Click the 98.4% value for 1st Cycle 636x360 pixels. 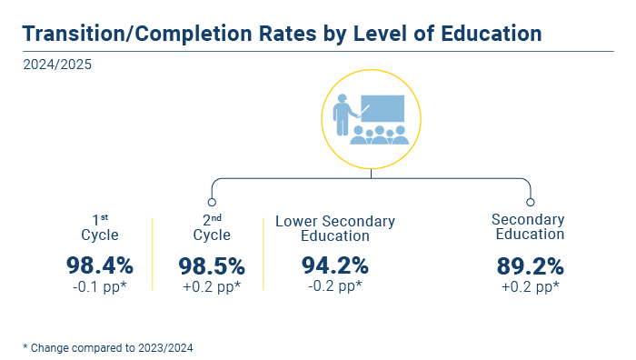point(100,265)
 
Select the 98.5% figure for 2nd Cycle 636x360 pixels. point(212,266)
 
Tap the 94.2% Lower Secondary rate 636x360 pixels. point(335,265)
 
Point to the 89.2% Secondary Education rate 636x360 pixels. point(530,266)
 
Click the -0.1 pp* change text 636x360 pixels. point(100,287)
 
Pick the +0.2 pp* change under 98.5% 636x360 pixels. point(212,287)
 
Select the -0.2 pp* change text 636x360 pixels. point(335,285)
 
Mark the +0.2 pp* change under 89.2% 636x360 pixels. point(530,287)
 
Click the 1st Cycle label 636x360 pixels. point(100,228)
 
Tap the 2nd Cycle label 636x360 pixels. point(212,228)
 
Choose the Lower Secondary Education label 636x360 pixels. point(335,228)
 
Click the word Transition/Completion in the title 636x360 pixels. point(138,34)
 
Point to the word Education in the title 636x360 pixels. point(492,34)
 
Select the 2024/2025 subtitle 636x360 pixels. point(57,65)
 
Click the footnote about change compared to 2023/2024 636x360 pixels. point(108,348)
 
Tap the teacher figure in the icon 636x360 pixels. point(343,115)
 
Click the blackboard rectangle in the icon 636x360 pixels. point(383,108)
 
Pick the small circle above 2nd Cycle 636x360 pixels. point(212,202)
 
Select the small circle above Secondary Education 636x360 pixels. point(530,202)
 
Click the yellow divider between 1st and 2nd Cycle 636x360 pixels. point(153,254)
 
